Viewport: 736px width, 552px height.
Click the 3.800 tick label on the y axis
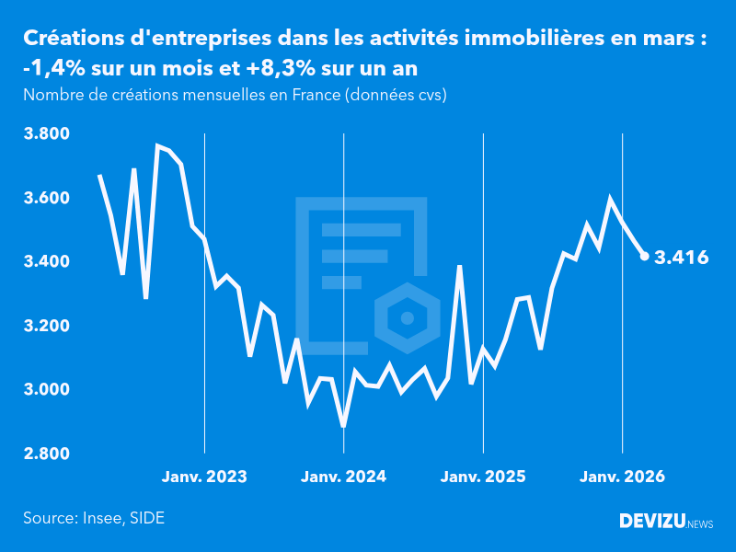[46, 134]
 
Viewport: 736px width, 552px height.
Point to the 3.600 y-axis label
[46, 199]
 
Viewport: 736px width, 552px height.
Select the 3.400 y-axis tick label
[46, 262]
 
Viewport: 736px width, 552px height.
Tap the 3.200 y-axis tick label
[46, 327]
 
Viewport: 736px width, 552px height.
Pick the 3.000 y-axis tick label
[46, 390]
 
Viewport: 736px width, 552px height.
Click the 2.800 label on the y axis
[46, 454]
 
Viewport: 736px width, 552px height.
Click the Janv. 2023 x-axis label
[204, 477]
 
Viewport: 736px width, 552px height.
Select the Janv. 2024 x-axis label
[344, 477]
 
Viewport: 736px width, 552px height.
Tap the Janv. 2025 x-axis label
[484, 477]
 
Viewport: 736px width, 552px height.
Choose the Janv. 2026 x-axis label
[623, 477]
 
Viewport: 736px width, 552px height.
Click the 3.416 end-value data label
[681, 258]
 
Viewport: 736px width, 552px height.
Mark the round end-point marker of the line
[645, 257]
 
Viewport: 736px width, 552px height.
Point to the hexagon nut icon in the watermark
[405, 319]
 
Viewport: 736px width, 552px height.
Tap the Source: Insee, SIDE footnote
[94, 518]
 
